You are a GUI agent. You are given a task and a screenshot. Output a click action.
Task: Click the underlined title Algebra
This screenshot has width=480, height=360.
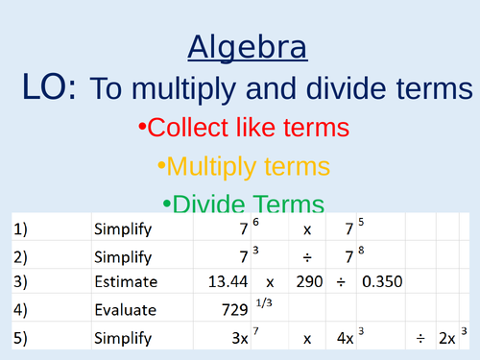[247, 47]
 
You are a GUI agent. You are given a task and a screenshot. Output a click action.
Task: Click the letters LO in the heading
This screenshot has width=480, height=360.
[47, 88]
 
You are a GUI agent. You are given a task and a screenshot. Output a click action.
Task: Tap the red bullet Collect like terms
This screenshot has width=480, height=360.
[243, 128]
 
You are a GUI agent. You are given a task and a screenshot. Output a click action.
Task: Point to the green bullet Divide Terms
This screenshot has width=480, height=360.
[243, 204]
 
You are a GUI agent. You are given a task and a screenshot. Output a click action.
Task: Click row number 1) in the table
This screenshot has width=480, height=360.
[21, 229]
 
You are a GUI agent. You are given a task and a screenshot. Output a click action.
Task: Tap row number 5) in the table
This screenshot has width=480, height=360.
[21, 339]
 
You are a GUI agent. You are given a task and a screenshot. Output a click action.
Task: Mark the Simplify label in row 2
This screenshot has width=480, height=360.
[121, 257]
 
